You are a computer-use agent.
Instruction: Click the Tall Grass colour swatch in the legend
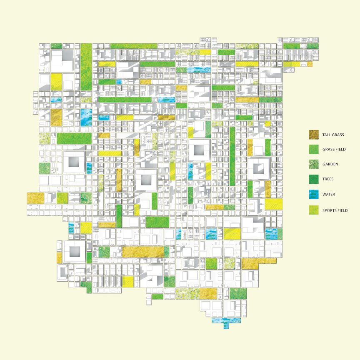(x=314, y=135)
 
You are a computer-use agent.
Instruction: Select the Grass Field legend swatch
(x=314, y=149)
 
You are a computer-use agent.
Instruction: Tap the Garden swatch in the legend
(x=314, y=164)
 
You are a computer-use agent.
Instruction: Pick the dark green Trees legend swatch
(x=314, y=179)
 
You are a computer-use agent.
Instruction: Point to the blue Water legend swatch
(x=314, y=194)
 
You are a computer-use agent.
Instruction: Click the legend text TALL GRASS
(x=333, y=135)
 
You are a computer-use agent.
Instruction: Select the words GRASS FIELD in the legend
(x=334, y=149)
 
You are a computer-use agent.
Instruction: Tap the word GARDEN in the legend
(x=330, y=164)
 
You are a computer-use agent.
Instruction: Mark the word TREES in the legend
(x=328, y=179)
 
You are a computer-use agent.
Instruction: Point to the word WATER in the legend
(x=329, y=194)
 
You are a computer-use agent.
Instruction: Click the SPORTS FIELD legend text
(x=335, y=210)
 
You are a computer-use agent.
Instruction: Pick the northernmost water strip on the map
(x=195, y=70)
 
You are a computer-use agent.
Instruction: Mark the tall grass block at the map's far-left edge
(x=35, y=198)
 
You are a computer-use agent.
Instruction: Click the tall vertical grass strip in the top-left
(x=86, y=66)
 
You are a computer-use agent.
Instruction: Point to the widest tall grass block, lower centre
(x=142, y=252)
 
